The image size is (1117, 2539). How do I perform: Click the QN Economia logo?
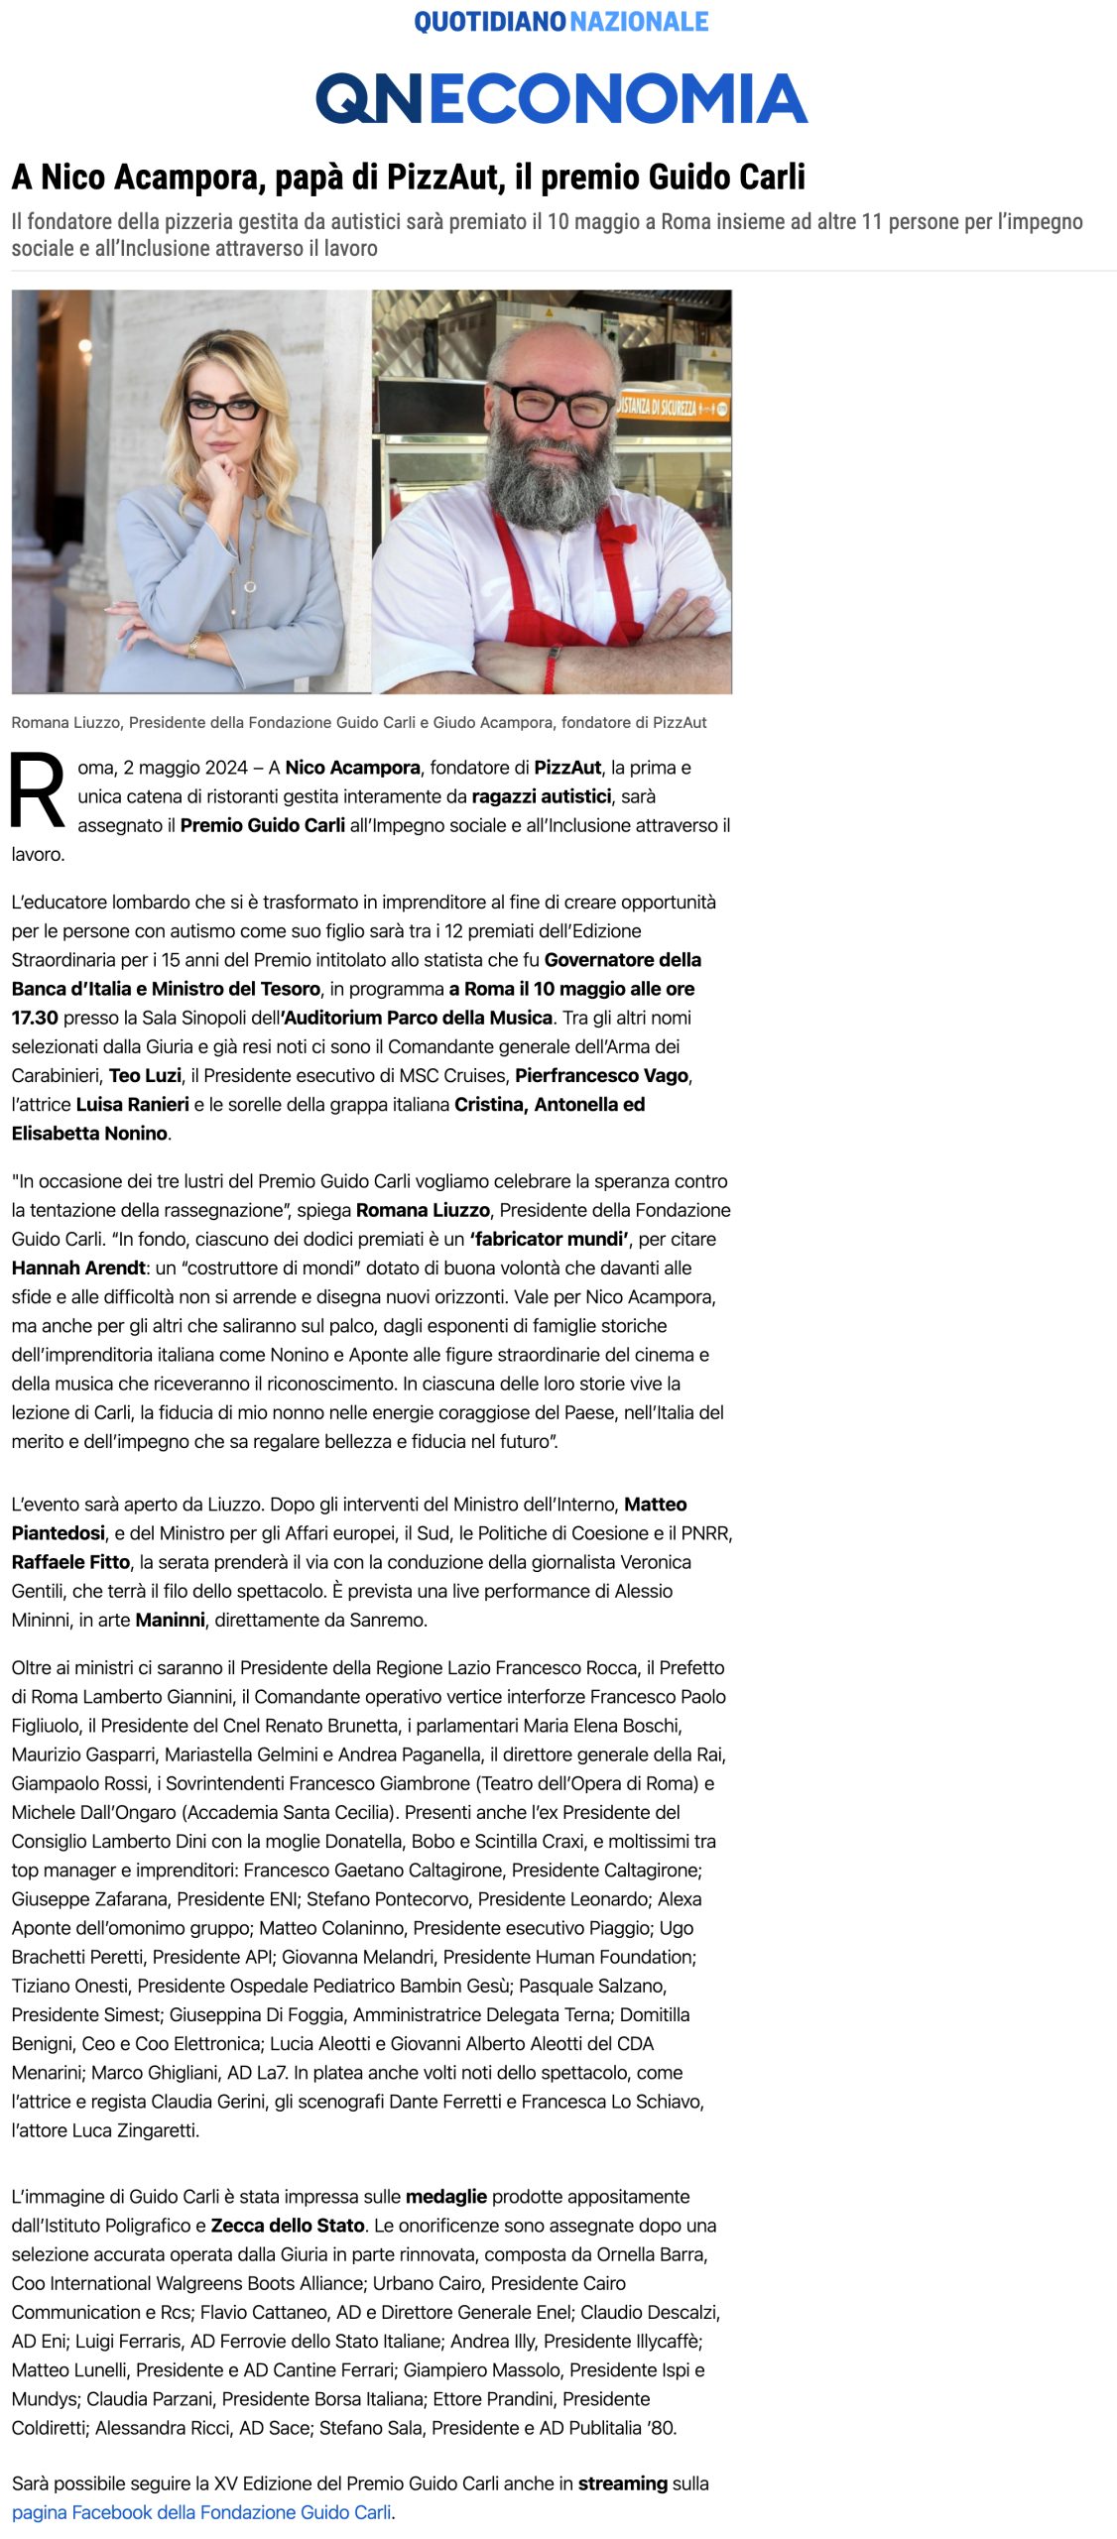(560, 98)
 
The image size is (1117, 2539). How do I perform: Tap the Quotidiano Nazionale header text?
(560, 22)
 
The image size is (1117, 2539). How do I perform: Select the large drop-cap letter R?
(37, 790)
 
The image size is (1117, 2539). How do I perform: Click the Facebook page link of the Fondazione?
(201, 2512)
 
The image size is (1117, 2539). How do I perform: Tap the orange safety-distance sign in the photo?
(672, 406)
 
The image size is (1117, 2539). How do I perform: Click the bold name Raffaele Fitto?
(70, 1562)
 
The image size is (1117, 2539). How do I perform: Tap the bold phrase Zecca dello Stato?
(288, 2226)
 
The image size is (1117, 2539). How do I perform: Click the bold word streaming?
(622, 2483)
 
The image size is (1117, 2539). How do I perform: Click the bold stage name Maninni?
(170, 1620)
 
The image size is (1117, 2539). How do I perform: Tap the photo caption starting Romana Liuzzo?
(358, 722)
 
